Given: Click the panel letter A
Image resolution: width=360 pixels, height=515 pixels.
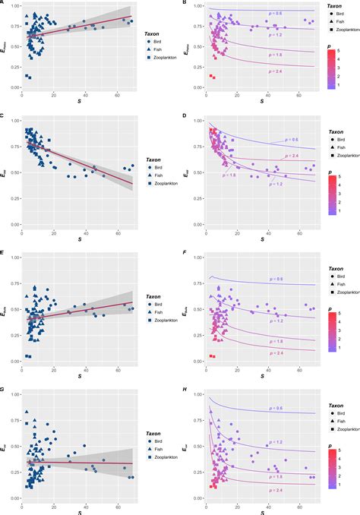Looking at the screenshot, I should tap(3, 3).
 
